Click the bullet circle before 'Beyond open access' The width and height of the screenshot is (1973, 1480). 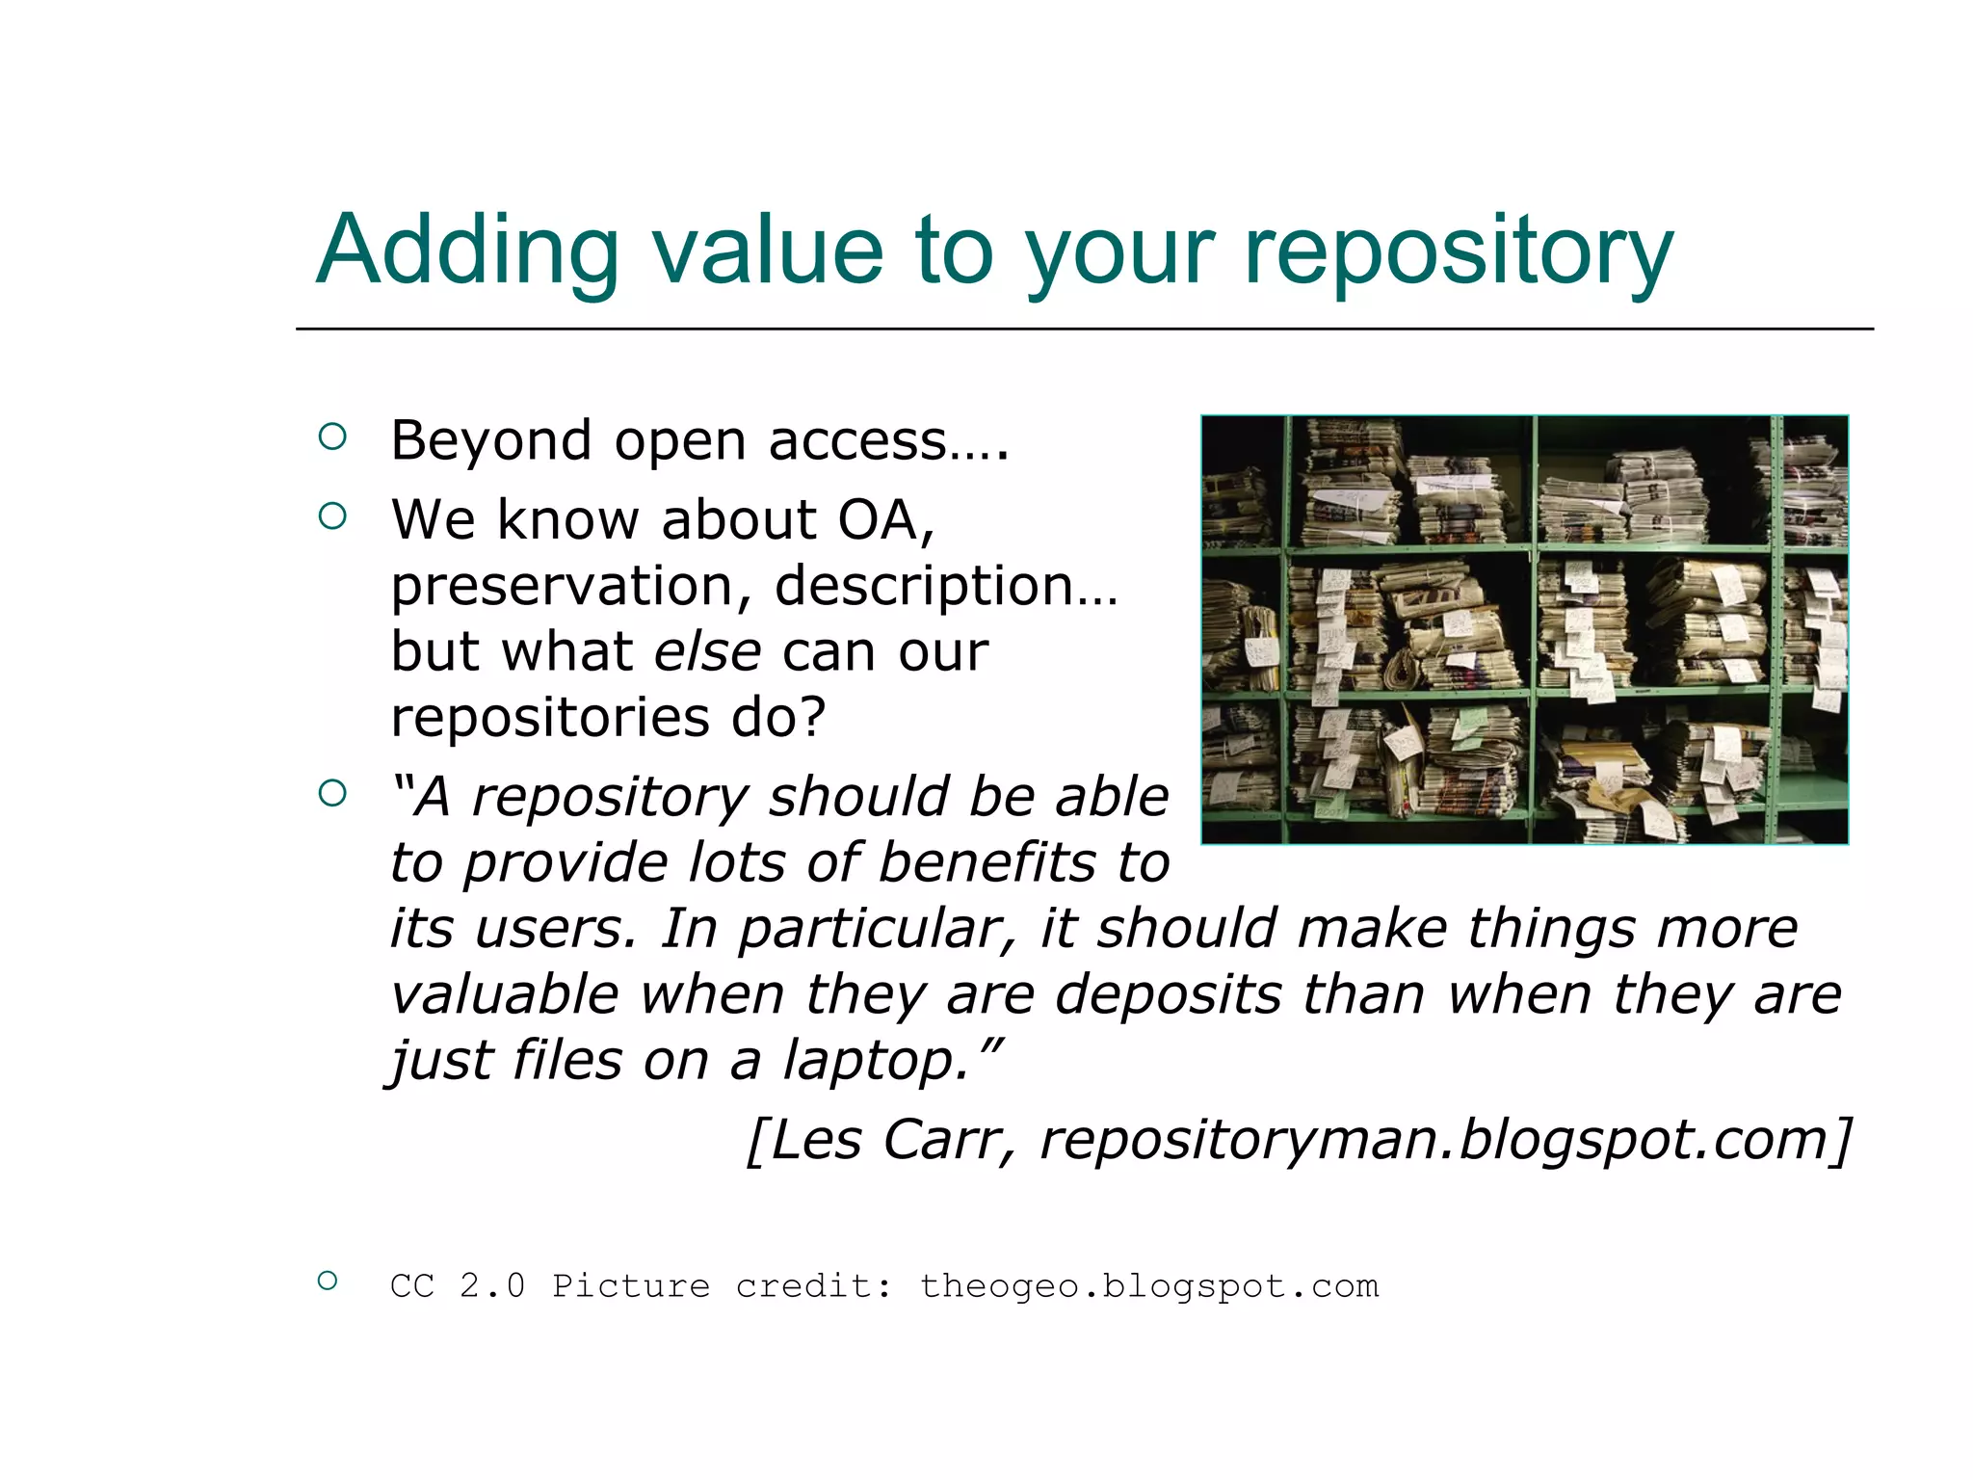[x=331, y=437]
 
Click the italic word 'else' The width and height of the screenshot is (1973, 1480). [x=707, y=651]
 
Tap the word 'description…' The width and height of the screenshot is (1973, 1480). [x=945, y=586]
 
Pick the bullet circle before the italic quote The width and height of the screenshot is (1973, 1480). [x=331, y=793]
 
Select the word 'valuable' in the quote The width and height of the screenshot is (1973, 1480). [x=504, y=994]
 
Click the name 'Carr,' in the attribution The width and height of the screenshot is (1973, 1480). [x=949, y=1140]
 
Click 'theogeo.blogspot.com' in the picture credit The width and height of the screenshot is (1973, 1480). [x=1149, y=1286]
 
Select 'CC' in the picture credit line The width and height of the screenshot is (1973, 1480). [x=412, y=1286]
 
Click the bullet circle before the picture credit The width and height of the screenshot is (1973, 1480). [x=328, y=1281]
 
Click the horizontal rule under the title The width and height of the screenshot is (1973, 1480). [x=1084, y=329]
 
